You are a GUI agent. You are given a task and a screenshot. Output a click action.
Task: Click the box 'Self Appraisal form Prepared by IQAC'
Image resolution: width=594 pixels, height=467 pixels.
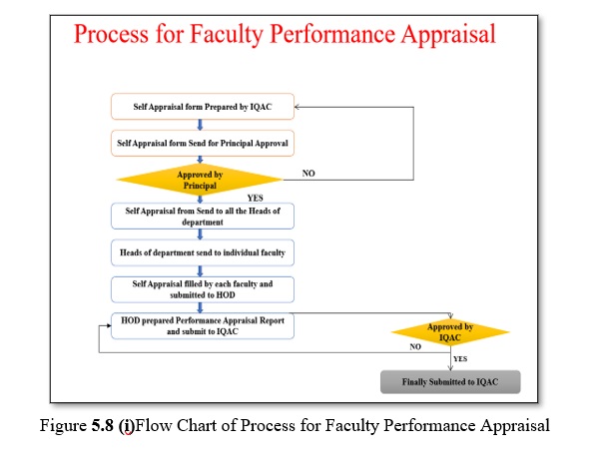click(x=203, y=107)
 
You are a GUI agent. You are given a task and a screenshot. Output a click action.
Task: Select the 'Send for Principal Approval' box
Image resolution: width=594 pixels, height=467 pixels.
click(x=203, y=143)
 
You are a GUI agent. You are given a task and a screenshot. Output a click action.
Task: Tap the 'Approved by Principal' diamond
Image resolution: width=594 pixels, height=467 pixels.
click(x=200, y=180)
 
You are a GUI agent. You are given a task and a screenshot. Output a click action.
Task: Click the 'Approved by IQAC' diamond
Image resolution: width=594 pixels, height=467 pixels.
click(x=450, y=332)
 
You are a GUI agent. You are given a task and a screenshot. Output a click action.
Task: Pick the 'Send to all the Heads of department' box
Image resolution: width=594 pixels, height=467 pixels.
click(x=203, y=217)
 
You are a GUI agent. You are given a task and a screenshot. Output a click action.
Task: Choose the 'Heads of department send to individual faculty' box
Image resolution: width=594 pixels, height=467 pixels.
click(x=203, y=252)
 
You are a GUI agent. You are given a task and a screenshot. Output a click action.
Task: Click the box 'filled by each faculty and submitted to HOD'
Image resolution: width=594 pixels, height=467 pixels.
click(x=203, y=289)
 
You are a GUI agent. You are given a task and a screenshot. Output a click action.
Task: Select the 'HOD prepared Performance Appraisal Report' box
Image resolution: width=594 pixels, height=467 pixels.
click(x=203, y=325)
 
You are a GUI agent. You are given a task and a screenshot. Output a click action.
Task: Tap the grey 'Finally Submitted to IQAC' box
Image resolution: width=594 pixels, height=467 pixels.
click(x=450, y=382)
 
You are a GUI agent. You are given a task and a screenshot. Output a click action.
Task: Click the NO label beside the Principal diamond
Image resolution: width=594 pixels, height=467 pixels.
click(x=308, y=173)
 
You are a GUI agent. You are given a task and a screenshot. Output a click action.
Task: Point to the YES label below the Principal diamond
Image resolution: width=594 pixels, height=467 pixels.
click(x=255, y=198)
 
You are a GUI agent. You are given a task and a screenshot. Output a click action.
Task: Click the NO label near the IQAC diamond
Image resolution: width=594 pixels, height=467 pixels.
click(x=415, y=346)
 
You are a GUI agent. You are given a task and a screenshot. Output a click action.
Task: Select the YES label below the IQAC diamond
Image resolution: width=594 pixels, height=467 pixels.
click(x=460, y=358)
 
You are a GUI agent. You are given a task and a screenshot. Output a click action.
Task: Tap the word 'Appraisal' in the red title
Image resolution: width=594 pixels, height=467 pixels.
click(x=448, y=34)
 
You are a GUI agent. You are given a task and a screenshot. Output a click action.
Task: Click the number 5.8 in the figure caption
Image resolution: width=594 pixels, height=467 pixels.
click(x=102, y=425)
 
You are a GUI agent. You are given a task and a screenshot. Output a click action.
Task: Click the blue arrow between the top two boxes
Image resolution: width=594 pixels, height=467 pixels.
click(x=200, y=125)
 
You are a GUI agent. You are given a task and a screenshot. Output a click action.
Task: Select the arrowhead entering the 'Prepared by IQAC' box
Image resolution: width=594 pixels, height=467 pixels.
click(x=297, y=107)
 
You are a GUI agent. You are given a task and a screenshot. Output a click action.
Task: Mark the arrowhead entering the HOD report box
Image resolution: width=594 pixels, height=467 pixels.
click(x=109, y=325)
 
